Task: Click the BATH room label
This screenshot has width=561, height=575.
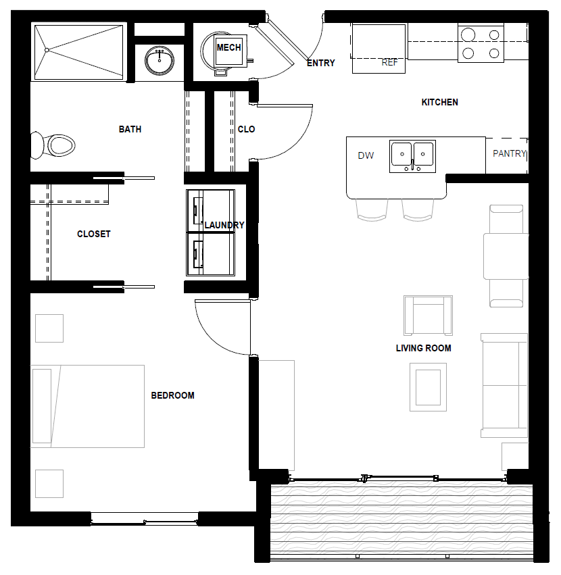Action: pyautogui.click(x=130, y=129)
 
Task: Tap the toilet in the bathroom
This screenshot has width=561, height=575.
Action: pyautogui.click(x=53, y=145)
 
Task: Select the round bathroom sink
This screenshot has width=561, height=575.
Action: pyautogui.click(x=160, y=60)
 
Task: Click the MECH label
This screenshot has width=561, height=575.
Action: pyautogui.click(x=228, y=47)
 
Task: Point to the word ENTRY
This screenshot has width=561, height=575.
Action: pyautogui.click(x=320, y=63)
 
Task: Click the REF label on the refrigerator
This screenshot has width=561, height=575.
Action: pyautogui.click(x=389, y=63)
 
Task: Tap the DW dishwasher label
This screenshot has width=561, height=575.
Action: pyautogui.click(x=366, y=155)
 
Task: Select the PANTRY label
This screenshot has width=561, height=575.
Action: pyautogui.click(x=509, y=153)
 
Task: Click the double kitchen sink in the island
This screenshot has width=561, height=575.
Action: pyautogui.click(x=412, y=156)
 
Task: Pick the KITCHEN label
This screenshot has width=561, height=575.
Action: pyautogui.click(x=439, y=102)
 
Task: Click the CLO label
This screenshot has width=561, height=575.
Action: pyautogui.click(x=246, y=129)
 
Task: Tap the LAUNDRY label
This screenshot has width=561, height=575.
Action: pyautogui.click(x=224, y=225)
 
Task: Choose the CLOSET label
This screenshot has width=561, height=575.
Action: pyautogui.click(x=93, y=234)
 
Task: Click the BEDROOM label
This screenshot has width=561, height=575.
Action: pyautogui.click(x=172, y=395)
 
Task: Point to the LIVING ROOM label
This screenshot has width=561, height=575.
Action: pyautogui.click(x=423, y=348)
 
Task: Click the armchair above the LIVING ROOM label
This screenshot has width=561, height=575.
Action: pyautogui.click(x=428, y=316)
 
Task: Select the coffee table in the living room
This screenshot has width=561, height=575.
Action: pyautogui.click(x=428, y=387)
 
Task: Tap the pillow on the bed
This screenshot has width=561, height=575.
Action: pyautogui.click(x=42, y=406)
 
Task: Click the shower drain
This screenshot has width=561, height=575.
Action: pyautogui.click(x=47, y=50)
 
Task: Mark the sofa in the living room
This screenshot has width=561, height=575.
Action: pyautogui.click(x=504, y=385)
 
